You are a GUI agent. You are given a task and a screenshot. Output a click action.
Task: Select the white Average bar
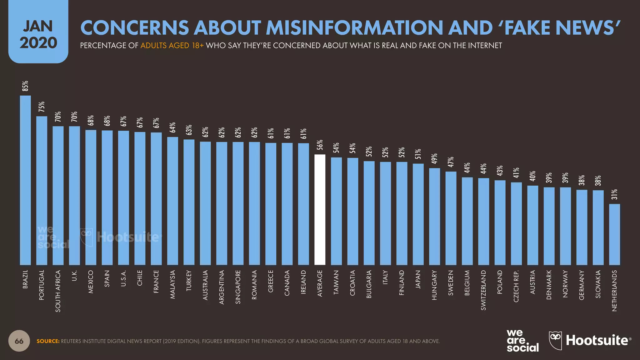coord(320,210)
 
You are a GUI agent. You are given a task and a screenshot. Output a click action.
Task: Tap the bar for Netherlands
coord(614,234)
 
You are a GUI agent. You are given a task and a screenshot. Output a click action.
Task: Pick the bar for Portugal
coord(42,191)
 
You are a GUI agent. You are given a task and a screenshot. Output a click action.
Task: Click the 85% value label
coord(25,86)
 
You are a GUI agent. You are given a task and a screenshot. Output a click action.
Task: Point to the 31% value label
coord(614,194)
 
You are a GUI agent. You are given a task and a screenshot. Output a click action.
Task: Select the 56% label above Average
coord(320,145)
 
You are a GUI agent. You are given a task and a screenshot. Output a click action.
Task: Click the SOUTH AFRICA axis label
coord(58,291)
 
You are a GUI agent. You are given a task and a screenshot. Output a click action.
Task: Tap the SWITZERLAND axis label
coord(483,290)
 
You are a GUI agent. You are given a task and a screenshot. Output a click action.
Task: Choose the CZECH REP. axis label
coord(516,286)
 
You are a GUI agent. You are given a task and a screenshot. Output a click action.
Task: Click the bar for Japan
coord(418,214)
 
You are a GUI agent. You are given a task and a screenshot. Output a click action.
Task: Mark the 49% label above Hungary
coord(434,159)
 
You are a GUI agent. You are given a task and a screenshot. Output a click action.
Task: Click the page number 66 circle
coord(19,341)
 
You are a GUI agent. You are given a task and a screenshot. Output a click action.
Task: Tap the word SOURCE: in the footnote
coord(48,341)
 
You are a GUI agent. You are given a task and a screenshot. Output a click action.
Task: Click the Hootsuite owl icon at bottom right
coord(555,340)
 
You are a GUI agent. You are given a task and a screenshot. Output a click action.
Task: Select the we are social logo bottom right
coord(522,341)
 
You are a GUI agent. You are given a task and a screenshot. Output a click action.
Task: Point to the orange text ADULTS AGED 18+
coord(172,46)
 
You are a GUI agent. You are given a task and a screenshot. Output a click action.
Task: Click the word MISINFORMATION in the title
coord(354,27)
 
